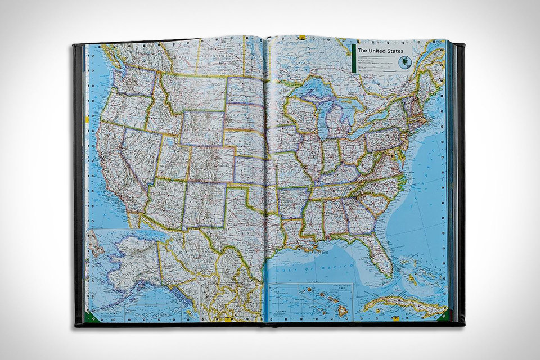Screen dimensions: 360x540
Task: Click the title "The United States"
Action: (380, 50)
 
